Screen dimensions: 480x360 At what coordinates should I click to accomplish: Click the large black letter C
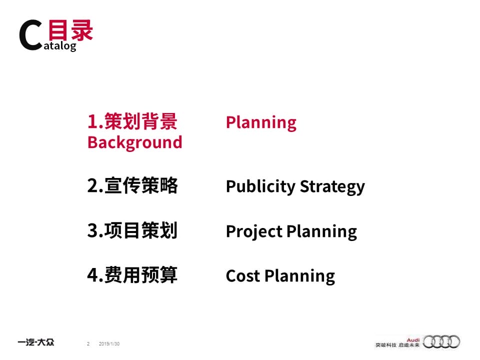coord(30,35)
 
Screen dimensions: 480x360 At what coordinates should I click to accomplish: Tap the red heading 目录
coord(70,30)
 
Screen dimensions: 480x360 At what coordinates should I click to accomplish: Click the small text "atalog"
coord(60,46)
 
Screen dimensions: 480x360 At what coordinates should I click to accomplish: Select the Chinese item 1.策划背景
coord(132,121)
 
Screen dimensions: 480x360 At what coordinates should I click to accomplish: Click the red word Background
coord(134,142)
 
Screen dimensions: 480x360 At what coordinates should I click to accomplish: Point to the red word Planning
coord(261,123)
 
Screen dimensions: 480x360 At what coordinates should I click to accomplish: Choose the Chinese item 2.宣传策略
coord(132,185)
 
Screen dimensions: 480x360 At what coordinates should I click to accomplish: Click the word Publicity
coord(260,186)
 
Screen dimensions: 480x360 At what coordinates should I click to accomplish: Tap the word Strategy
coord(332,186)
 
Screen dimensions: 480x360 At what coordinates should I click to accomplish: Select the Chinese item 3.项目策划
coord(132,230)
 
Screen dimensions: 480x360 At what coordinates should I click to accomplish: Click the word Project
coord(254,231)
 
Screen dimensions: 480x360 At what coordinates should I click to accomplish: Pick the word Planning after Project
coord(321,231)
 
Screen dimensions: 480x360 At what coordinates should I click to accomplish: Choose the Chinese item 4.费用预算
coord(132,275)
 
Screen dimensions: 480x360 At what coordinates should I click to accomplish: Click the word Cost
coord(243,276)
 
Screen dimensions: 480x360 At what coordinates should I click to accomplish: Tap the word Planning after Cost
coord(299,276)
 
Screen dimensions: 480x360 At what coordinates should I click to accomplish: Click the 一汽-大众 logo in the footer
coord(36,342)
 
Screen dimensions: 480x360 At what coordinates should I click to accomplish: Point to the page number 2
coord(88,344)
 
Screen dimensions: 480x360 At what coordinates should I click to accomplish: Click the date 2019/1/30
coord(109,344)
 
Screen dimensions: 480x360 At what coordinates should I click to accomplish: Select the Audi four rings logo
coord(441,341)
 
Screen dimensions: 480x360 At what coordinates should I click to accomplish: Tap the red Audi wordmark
coord(413,340)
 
